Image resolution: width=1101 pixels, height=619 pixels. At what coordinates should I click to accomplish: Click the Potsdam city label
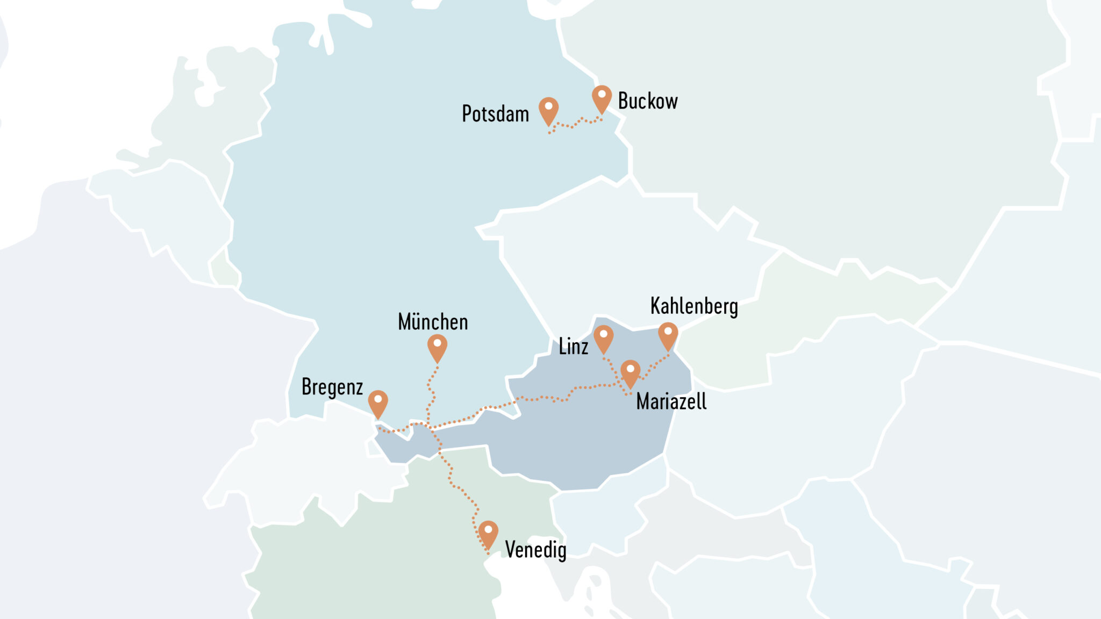pyautogui.click(x=495, y=114)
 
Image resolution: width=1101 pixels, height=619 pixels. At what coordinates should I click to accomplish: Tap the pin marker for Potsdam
pyautogui.click(x=548, y=110)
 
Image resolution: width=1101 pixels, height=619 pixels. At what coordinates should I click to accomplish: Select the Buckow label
pyautogui.click(x=648, y=101)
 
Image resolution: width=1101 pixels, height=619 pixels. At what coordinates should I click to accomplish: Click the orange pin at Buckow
pyautogui.click(x=602, y=98)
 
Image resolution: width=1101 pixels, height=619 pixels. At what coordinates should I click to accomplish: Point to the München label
pyautogui.click(x=433, y=322)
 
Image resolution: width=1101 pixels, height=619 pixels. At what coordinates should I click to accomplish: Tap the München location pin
pyautogui.click(x=437, y=347)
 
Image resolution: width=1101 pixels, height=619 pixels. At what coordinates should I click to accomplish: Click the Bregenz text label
pyautogui.click(x=332, y=387)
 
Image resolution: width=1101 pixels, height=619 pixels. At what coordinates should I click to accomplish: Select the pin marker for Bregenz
pyautogui.click(x=378, y=402)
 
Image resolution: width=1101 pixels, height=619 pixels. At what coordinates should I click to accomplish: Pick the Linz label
pyautogui.click(x=573, y=347)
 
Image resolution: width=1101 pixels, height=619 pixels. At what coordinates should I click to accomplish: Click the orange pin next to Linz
pyautogui.click(x=603, y=337)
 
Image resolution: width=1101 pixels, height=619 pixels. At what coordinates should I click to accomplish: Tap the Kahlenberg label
pyautogui.click(x=694, y=306)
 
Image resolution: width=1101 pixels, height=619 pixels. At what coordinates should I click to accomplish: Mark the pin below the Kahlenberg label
pyautogui.click(x=668, y=335)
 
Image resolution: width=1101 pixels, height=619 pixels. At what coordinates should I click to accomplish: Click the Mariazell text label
pyautogui.click(x=671, y=402)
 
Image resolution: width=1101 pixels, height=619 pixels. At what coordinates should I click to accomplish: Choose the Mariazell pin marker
pyautogui.click(x=630, y=372)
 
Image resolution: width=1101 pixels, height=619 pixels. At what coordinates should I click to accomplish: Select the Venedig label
pyautogui.click(x=535, y=550)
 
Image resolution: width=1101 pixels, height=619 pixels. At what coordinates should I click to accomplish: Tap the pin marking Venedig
pyautogui.click(x=488, y=533)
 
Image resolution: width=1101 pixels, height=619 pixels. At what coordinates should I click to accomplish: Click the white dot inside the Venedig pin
pyautogui.click(x=488, y=529)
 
